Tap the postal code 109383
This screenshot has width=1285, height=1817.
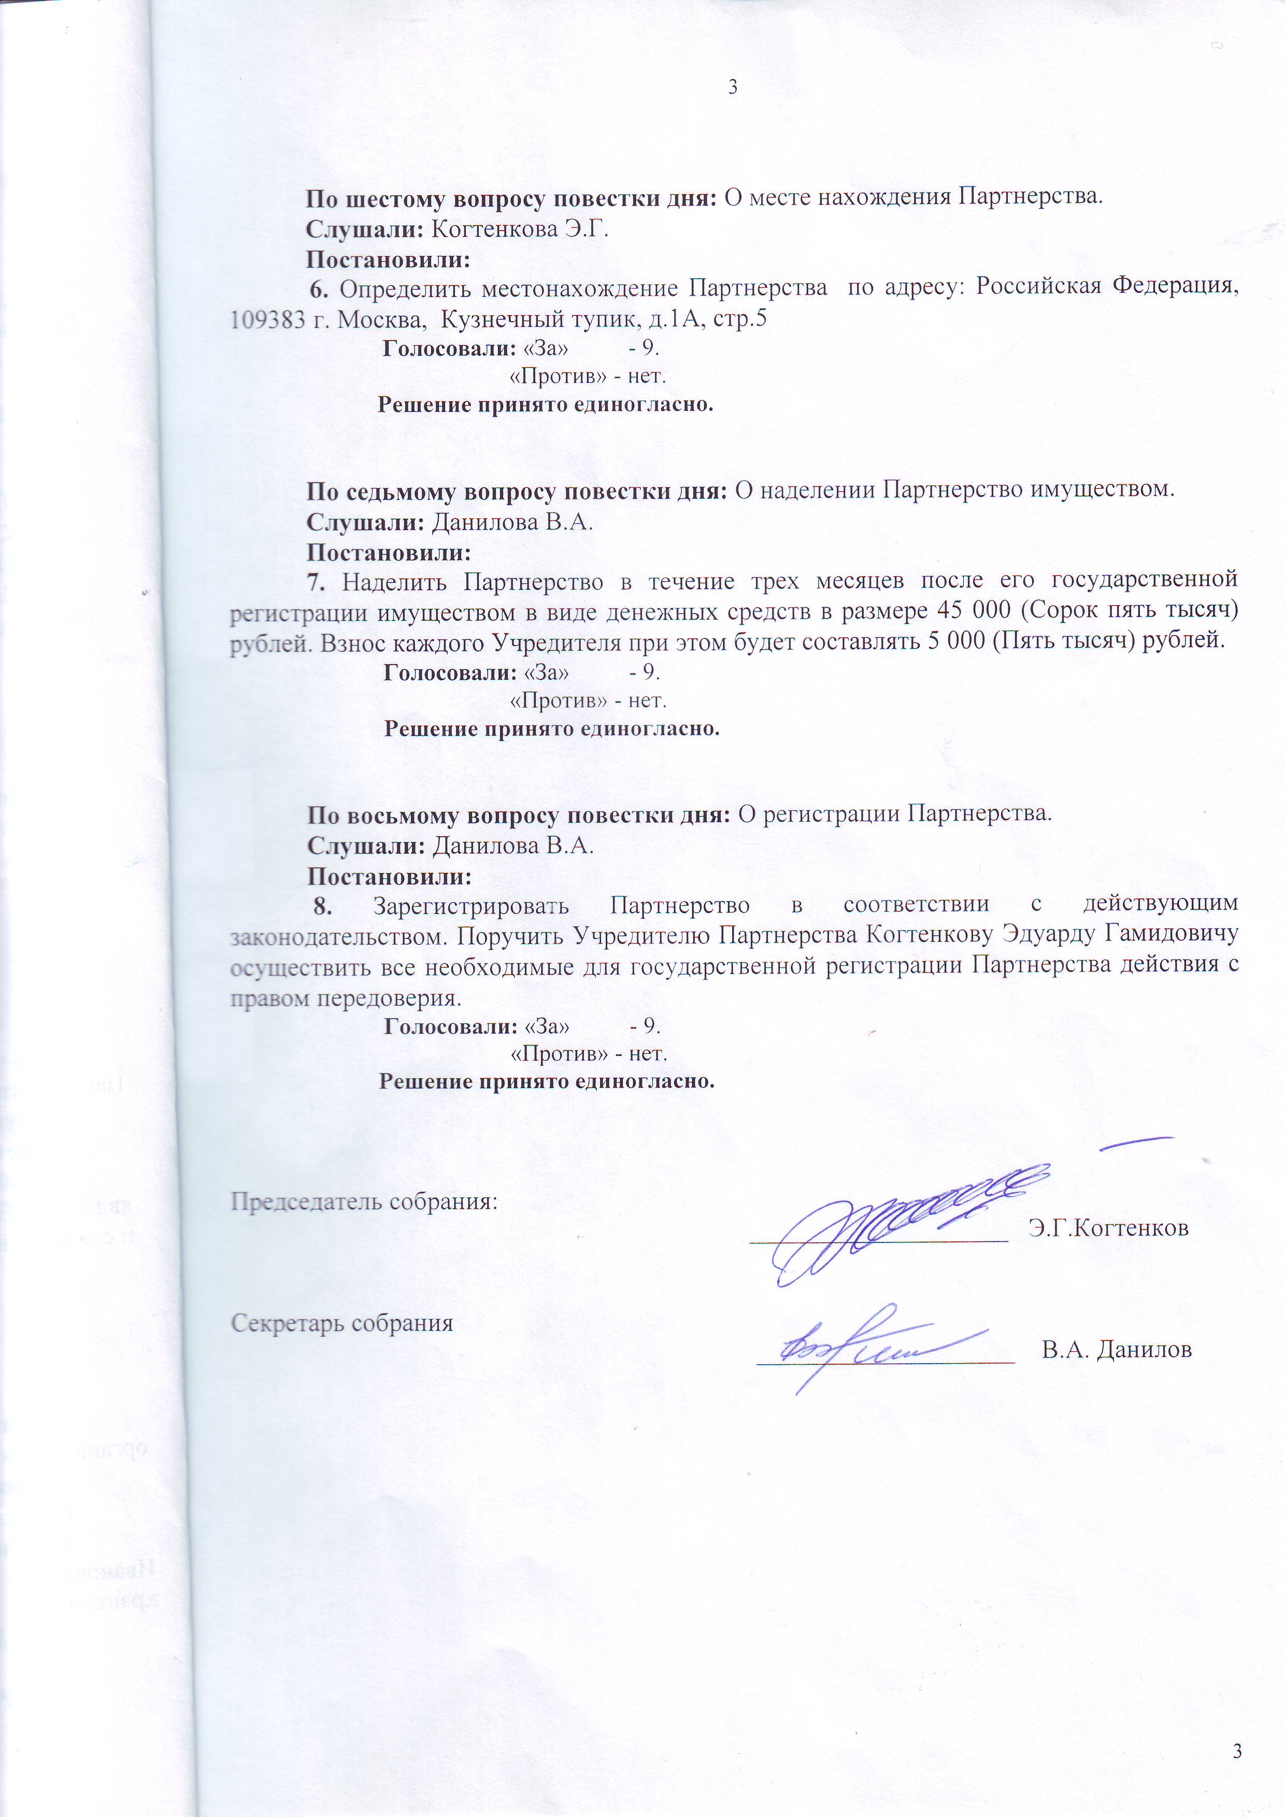tap(267, 320)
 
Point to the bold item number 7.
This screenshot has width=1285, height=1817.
tap(317, 582)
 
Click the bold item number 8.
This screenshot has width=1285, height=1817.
tap(322, 905)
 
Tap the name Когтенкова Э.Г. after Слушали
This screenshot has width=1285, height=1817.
tap(519, 230)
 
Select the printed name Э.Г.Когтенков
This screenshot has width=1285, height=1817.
tap(1108, 1228)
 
